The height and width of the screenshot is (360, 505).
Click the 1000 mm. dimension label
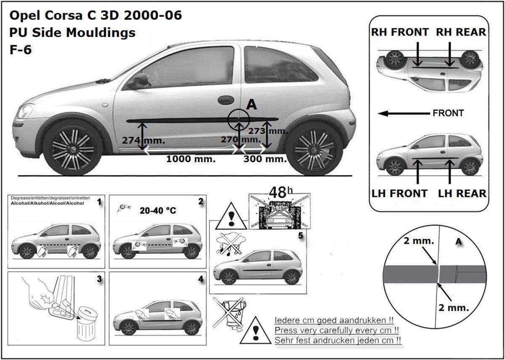tap(191, 159)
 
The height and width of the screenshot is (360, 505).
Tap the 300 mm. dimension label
tap(265, 159)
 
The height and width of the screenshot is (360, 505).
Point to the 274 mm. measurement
tap(144, 140)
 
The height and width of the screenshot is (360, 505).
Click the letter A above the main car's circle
tap(252, 105)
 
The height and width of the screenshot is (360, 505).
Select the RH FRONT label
tap(399, 32)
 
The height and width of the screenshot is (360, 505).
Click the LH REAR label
tap(462, 193)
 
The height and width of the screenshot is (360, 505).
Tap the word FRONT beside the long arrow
tap(448, 113)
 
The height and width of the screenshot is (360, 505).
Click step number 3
tap(99, 279)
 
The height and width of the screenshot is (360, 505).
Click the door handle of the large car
tap(226, 100)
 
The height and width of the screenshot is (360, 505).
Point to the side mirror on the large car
tap(140, 80)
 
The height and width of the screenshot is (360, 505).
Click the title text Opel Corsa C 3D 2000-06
tap(96, 16)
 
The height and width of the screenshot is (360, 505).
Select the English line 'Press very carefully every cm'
tap(337, 330)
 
